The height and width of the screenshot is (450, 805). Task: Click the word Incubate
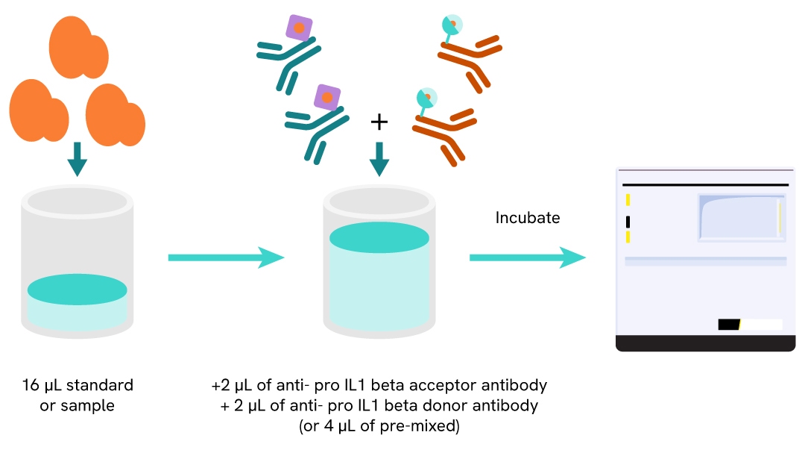point(528,218)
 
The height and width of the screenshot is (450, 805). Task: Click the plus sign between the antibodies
point(379,121)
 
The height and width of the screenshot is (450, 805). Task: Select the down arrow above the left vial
point(77,157)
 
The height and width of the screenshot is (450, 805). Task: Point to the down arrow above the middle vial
point(379,157)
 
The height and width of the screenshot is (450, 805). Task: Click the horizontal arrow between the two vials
point(226,257)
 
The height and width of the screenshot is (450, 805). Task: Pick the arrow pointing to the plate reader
point(526,257)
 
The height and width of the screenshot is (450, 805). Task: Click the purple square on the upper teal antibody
point(299,28)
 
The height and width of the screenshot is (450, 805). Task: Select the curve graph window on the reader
point(739,217)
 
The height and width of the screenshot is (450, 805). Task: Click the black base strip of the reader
point(705,343)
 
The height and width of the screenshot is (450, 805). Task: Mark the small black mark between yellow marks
point(628,222)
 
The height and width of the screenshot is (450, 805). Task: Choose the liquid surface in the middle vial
point(379,237)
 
